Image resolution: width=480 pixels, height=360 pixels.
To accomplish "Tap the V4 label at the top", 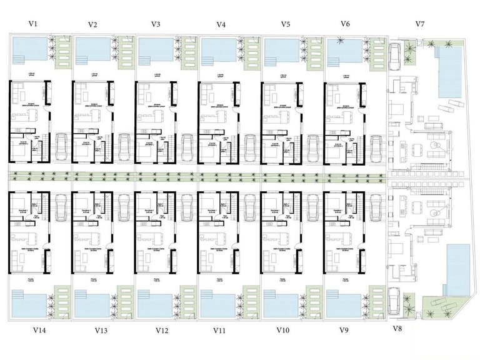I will (x=221, y=24).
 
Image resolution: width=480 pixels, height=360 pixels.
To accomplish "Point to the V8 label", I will (x=397, y=329).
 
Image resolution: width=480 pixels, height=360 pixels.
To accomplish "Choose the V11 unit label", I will (x=220, y=329).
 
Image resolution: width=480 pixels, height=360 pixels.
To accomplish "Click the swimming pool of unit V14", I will (x=29, y=305).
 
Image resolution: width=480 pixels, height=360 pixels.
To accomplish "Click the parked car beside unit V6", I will (x=376, y=147).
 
